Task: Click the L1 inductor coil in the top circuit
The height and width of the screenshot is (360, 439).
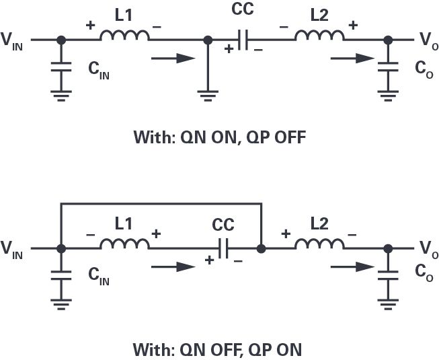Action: (x=124, y=36)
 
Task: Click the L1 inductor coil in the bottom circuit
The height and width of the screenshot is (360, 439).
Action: (x=124, y=245)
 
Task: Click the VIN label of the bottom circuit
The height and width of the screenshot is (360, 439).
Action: (x=16, y=252)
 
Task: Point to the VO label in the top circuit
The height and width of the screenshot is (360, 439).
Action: (x=426, y=42)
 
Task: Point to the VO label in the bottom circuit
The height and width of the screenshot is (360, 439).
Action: (x=426, y=251)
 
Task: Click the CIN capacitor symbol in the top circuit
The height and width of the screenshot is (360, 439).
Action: (x=61, y=68)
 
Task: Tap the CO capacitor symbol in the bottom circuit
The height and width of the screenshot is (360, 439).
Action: (x=387, y=276)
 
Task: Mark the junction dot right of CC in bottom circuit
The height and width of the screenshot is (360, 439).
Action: (x=261, y=249)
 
